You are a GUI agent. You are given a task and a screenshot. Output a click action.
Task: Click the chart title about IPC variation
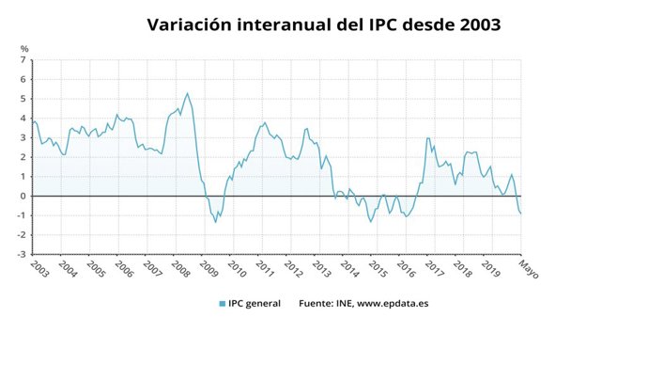pos(324,25)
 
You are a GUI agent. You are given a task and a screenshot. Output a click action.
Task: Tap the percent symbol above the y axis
pos(24,49)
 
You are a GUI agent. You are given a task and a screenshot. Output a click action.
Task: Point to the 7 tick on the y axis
pos(23,60)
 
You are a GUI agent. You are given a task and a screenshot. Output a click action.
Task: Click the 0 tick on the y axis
pos(23,196)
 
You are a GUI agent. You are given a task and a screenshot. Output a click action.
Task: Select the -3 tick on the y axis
pos(21,254)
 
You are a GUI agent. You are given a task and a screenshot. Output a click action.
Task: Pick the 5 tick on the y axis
pos(23,99)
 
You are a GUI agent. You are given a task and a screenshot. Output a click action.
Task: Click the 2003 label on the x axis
pos(39,268)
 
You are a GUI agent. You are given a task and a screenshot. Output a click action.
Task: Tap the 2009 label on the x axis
pos(208,268)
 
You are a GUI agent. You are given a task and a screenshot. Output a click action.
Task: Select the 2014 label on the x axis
pos(349,268)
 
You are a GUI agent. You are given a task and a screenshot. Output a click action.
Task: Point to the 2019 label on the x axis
pos(490,268)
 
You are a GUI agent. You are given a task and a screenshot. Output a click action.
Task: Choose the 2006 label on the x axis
pos(124,268)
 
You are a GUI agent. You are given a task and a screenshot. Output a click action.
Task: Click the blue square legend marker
pos(222,304)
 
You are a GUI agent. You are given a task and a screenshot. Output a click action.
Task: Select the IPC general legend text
pos(255,304)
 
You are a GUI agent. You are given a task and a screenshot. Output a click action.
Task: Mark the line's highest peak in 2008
pos(187,93)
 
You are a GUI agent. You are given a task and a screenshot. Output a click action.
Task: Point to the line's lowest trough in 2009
pos(216,222)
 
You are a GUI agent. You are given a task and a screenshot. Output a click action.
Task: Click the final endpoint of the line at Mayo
pos(521,214)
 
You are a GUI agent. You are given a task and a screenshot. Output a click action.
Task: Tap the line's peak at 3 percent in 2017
pos(428,138)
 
